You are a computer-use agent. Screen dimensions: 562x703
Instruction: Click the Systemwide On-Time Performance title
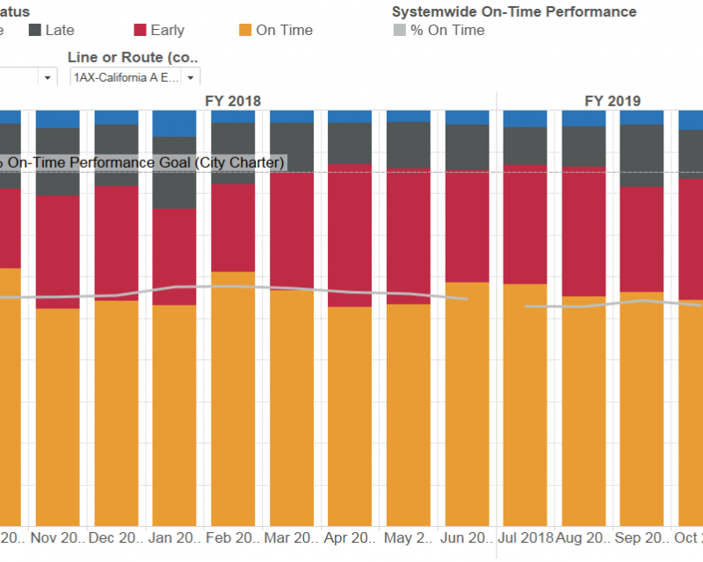[514, 11]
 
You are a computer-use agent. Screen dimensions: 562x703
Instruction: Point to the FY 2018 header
[233, 101]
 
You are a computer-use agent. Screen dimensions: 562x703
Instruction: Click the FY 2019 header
[612, 101]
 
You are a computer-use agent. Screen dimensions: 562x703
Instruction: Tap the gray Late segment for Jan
[174, 172]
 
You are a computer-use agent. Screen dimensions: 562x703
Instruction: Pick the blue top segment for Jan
[174, 123]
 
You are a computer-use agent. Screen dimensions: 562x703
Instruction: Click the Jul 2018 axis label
[525, 537]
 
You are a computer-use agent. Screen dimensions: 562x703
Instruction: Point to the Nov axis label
[57, 537]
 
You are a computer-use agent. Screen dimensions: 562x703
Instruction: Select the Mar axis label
[291, 537]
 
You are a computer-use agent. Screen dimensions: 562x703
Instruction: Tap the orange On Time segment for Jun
[467, 404]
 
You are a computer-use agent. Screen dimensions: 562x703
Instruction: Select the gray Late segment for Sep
[641, 155]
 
